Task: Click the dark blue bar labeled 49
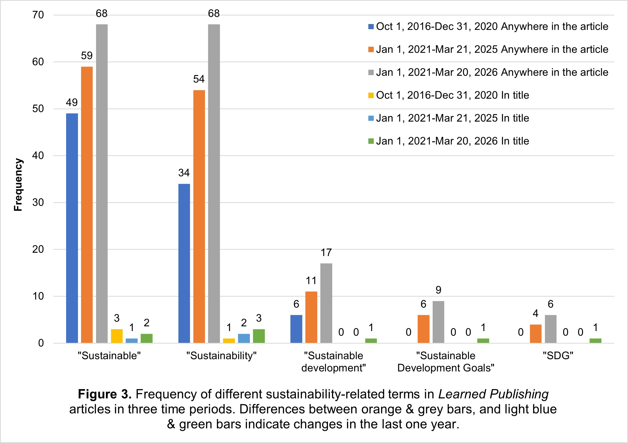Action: pos(72,228)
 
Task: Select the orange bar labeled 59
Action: pos(87,205)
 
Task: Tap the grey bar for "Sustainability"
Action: pos(214,184)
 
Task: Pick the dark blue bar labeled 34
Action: pos(184,263)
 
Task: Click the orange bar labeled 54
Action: pos(199,216)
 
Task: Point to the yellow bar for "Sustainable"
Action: pos(117,336)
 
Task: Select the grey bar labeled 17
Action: pos(326,303)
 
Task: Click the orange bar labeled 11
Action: pos(311,317)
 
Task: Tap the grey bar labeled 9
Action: pos(439,322)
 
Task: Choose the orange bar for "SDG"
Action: pos(536,334)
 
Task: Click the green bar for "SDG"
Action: pos(595,341)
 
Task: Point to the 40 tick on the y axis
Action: pos(38,156)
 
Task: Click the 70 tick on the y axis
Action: pos(38,15)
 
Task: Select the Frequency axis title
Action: pos(18,185)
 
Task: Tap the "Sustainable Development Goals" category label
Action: pos(446,362)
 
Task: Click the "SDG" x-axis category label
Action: pos(558,356)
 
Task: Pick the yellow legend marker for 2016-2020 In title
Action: pos(371,96)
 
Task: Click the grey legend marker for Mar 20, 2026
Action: pos(371,73)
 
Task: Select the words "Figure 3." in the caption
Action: pos(105,394)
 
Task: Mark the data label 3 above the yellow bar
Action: pos(117,318)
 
